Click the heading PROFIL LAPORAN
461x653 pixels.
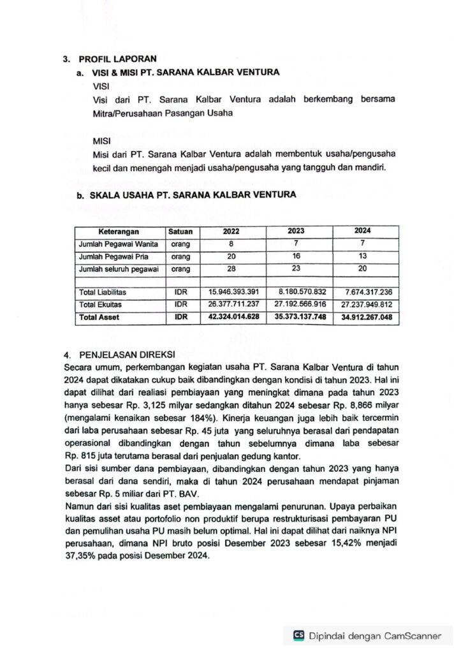pos(117,59)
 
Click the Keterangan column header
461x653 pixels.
pos(118,231)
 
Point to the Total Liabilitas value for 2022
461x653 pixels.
pos(234,292)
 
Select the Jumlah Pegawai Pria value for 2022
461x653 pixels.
pos(231,256)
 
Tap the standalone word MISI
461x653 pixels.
pos(102,140)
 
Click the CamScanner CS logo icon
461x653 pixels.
pos(298,635)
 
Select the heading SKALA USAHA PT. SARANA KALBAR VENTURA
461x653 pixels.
pos(192,195)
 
